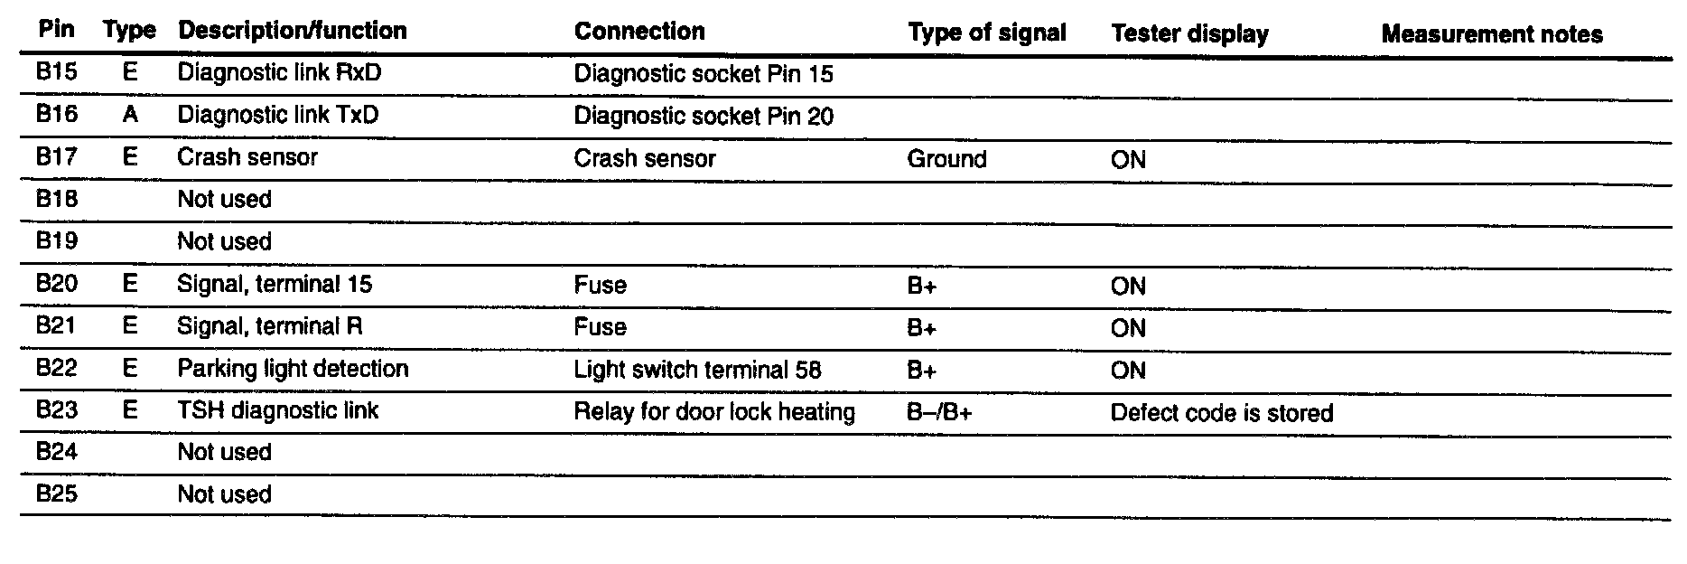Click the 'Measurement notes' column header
coord(1491,34)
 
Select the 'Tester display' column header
coord(1189,34)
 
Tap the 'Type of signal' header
coord(986,33)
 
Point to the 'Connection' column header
coord(638,31)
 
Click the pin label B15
coord(56,71)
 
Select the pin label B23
coord(56,410)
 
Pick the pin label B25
coord(56,494)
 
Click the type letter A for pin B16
coord(129,115)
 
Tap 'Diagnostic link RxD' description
coord(279,72)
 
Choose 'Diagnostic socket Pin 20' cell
coord(704,116)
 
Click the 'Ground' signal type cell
coord(946,159)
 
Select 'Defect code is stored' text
coord(1221,413)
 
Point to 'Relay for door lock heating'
coord(713,412)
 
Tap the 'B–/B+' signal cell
coord(939,413)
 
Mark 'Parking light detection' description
coord(293,369)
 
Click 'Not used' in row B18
coord(224,199)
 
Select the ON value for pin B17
coord(1128,160)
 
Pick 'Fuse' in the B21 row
coord(600,326)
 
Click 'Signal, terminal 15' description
coord(274,285)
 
